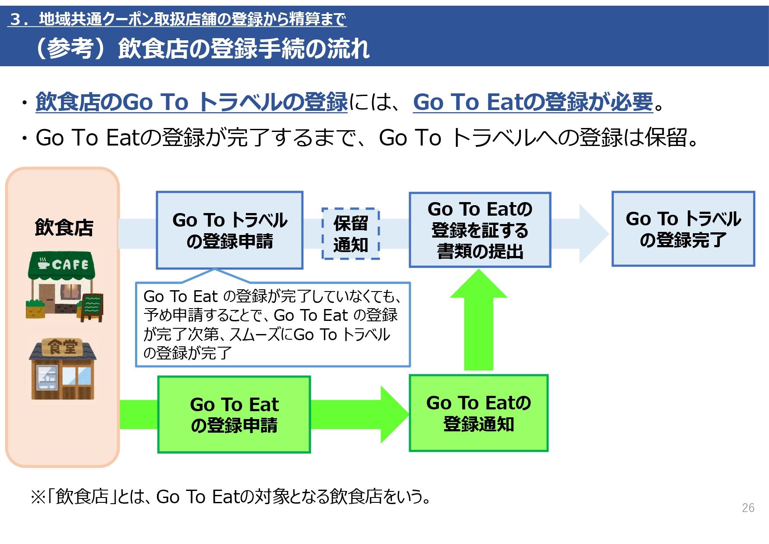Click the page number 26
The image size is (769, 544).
[x=748, y=508]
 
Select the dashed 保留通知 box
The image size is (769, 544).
[x=350, y=234]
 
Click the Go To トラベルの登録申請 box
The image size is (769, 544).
[x=230, y=230]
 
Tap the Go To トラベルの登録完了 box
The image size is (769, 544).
[x=683, y=229]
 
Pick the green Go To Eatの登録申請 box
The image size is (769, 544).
[x=234, y=414]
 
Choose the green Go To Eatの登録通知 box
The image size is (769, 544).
[x=478, y=413]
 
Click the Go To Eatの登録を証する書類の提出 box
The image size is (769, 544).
[x=480, y=230]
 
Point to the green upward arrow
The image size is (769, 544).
[x=478, y=324]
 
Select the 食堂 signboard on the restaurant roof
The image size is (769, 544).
[x=62, y=347]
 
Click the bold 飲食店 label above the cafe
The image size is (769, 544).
[x=64, y=228]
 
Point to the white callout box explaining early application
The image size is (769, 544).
[x=272, y=324]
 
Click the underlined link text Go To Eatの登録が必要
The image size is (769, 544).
[x=533, y=102]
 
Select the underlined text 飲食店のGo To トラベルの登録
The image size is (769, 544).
[x=192, y=102]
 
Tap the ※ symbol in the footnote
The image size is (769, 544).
[x=38, y=497]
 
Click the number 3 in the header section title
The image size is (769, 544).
[x=16, y=19]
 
